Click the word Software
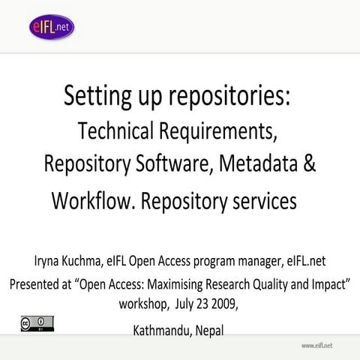(178, 165)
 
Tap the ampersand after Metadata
(309, 165)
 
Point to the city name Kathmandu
(164, 330)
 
